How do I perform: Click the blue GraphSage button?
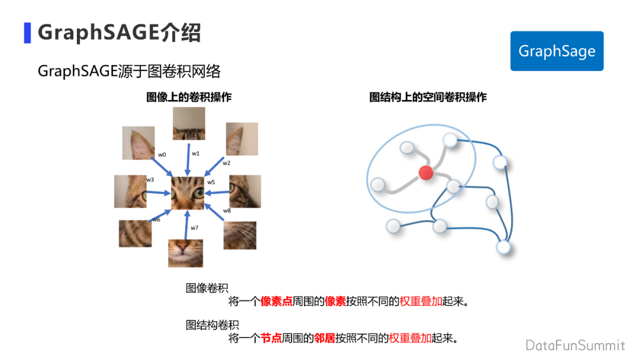click(x=557, y=51)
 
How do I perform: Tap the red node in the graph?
click(x=426, y=173)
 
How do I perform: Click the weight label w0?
click(x=162, y=155)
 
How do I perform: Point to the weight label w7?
click(x=195, y=228)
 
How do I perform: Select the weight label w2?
click(x=227, y=163)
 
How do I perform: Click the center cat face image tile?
click(x=188, y=192)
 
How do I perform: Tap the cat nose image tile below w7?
click(x=186, y=253)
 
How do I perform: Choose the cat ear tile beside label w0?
click(x=138, y=143)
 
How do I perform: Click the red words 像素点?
click(x=276, y=301)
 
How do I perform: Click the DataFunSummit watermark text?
click(x=575, y=345)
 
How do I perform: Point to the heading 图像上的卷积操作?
click(x=189, y=97)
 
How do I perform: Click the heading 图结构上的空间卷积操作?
click(x=428, y=97)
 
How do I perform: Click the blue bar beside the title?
click(x=27, y=33)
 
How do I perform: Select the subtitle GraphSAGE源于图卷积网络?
click(x=129, y=72)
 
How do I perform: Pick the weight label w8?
click(x=227, y=211)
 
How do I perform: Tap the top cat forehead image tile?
click(x=189, y=123)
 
